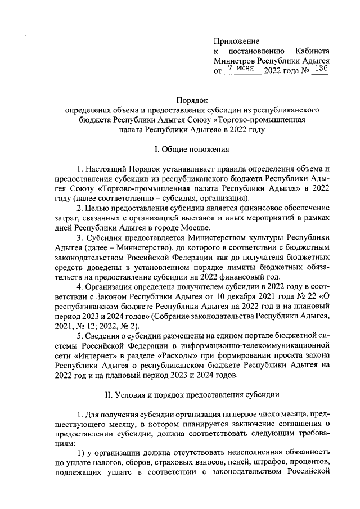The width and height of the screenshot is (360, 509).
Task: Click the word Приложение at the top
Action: tap(236, 41)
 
